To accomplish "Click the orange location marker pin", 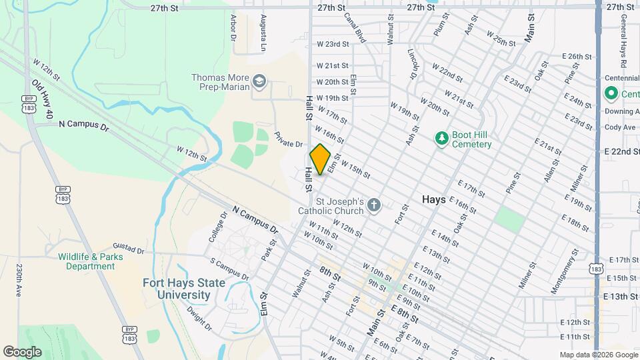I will (x=320, y=159).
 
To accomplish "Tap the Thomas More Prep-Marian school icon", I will (x=259, y=83).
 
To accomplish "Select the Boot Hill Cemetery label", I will (x=471, y=139).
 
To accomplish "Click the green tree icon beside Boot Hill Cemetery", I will (x=440, y=139).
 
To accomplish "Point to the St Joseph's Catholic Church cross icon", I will (x=374, y=205).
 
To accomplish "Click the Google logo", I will (x=22, y=351).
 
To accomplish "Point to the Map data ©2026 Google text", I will (x=597, y=355).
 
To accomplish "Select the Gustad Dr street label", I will (x=128, y=248).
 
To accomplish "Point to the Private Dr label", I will (x=289, y=139).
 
